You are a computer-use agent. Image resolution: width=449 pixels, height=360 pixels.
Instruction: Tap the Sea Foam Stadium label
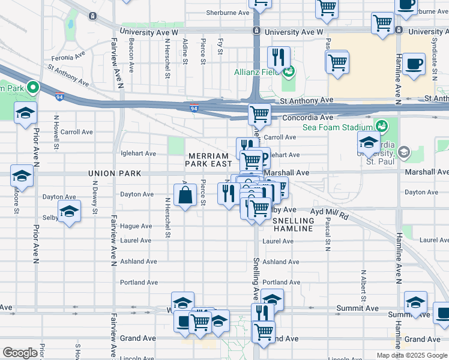pyautogui.click(x=337, y=127)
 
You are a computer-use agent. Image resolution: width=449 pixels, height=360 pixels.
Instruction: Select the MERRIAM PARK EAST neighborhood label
pyautogui.click(x=208, y=160)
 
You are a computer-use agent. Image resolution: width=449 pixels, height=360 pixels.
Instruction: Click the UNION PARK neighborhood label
pyautogui.click(x=114, y=173)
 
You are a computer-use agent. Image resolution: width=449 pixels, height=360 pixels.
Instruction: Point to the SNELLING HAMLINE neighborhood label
pyautogui.click(x=293, y=225)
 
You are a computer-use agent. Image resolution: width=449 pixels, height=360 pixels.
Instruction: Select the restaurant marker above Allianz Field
pyautogui.click(x=278, y=58)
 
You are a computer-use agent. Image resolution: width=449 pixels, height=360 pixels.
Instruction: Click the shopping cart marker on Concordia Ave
pyautogui.click(x=259, y=113)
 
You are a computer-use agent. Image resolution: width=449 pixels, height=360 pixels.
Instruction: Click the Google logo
pyautogui.click(x=20, y=353)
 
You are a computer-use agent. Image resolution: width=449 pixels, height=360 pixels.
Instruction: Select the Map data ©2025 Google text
pyautogui.click(x=411, y=355)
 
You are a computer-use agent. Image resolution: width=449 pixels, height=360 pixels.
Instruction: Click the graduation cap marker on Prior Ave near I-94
pyautogui.click(x=25, y=113)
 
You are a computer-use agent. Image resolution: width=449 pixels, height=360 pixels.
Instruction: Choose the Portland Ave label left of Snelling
pyautogui.click(x=138, y=282)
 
